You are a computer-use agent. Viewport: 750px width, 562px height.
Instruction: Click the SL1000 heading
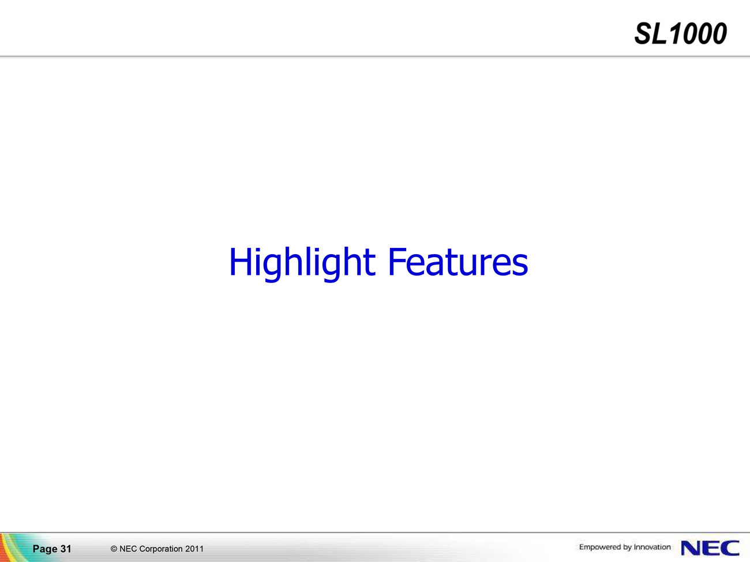(680, 33)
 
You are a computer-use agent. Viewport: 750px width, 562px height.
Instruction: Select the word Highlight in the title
(302, 263)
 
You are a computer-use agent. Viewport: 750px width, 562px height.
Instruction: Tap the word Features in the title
(458, 262)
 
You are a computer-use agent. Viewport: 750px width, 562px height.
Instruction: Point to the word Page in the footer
(45, 549)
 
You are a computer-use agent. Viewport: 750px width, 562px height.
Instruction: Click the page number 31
(66, 549)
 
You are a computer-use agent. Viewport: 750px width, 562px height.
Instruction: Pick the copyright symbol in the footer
(114, 549)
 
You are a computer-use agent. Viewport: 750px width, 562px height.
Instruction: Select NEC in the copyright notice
(128, 549)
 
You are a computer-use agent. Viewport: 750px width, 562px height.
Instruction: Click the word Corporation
(161, 549)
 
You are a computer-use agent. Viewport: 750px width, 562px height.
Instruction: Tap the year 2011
(194, 549)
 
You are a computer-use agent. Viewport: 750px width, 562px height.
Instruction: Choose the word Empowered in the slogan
(599, 548)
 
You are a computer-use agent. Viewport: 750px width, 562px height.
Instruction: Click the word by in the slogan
(627, 548)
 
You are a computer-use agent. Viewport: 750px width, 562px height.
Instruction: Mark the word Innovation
(652, 547)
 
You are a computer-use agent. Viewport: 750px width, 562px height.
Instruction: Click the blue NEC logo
(710, 548)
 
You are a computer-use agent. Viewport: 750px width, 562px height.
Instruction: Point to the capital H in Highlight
(241, 261)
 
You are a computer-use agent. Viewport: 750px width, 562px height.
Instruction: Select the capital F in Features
(396, 261)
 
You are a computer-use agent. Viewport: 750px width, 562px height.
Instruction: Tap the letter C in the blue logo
(730, 548)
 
